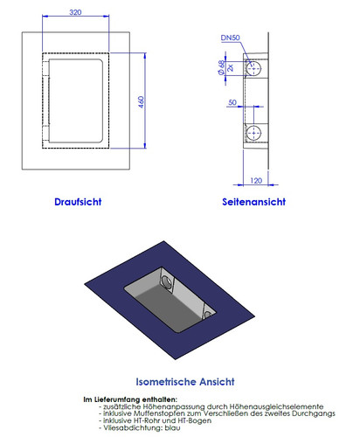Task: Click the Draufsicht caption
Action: pyautogui.click(x=78, y=201)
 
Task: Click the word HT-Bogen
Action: pyautogui.click(x=174, y=420)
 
